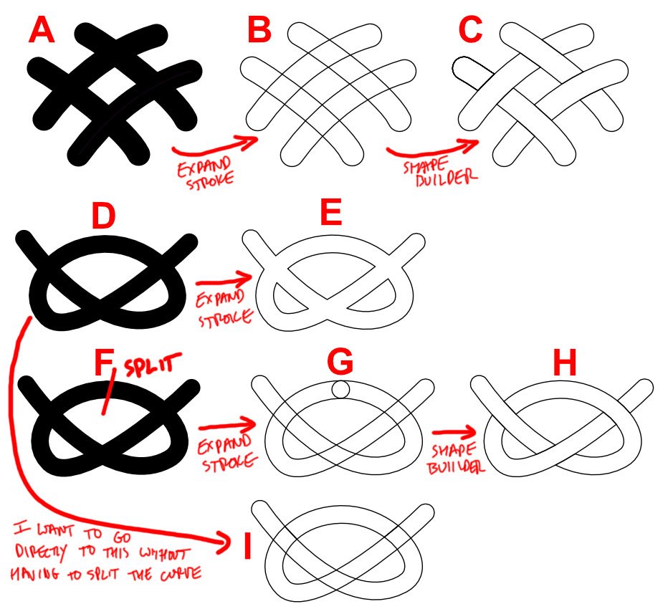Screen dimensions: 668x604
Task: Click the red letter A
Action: (x=42, y=31)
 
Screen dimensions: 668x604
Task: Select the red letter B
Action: (x=259, y=30)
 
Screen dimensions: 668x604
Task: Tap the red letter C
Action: (x=470, y=31)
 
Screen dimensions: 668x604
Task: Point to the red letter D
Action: (x=103, y=216)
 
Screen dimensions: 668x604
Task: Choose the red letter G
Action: (x=340, y=362)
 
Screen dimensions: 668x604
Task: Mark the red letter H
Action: (x=565, y=363)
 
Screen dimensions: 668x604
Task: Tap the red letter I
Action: (x=247, y=546)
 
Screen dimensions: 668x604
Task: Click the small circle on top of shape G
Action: (x=340, y=389)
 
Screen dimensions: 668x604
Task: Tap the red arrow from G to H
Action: (x=454, y=432)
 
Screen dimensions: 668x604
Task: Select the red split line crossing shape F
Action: (x=108, y=391)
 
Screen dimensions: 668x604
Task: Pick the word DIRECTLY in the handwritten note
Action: (x=41, y=552)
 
